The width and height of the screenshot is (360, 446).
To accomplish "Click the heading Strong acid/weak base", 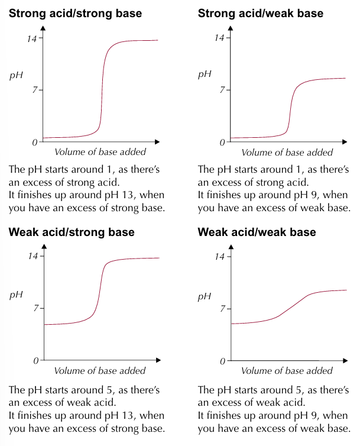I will click(x=261, y=13).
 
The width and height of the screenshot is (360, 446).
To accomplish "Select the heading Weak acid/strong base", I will click(x=72, y=232).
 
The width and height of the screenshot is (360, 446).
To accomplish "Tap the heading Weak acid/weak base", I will click(x=257, y=232).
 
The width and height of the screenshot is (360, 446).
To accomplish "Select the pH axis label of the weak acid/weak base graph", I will click(x=204, y=296).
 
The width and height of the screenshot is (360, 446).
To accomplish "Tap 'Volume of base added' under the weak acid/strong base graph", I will click(x=100, y=371).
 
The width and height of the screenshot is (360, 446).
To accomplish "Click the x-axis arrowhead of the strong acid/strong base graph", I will click(x=157, y=142).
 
